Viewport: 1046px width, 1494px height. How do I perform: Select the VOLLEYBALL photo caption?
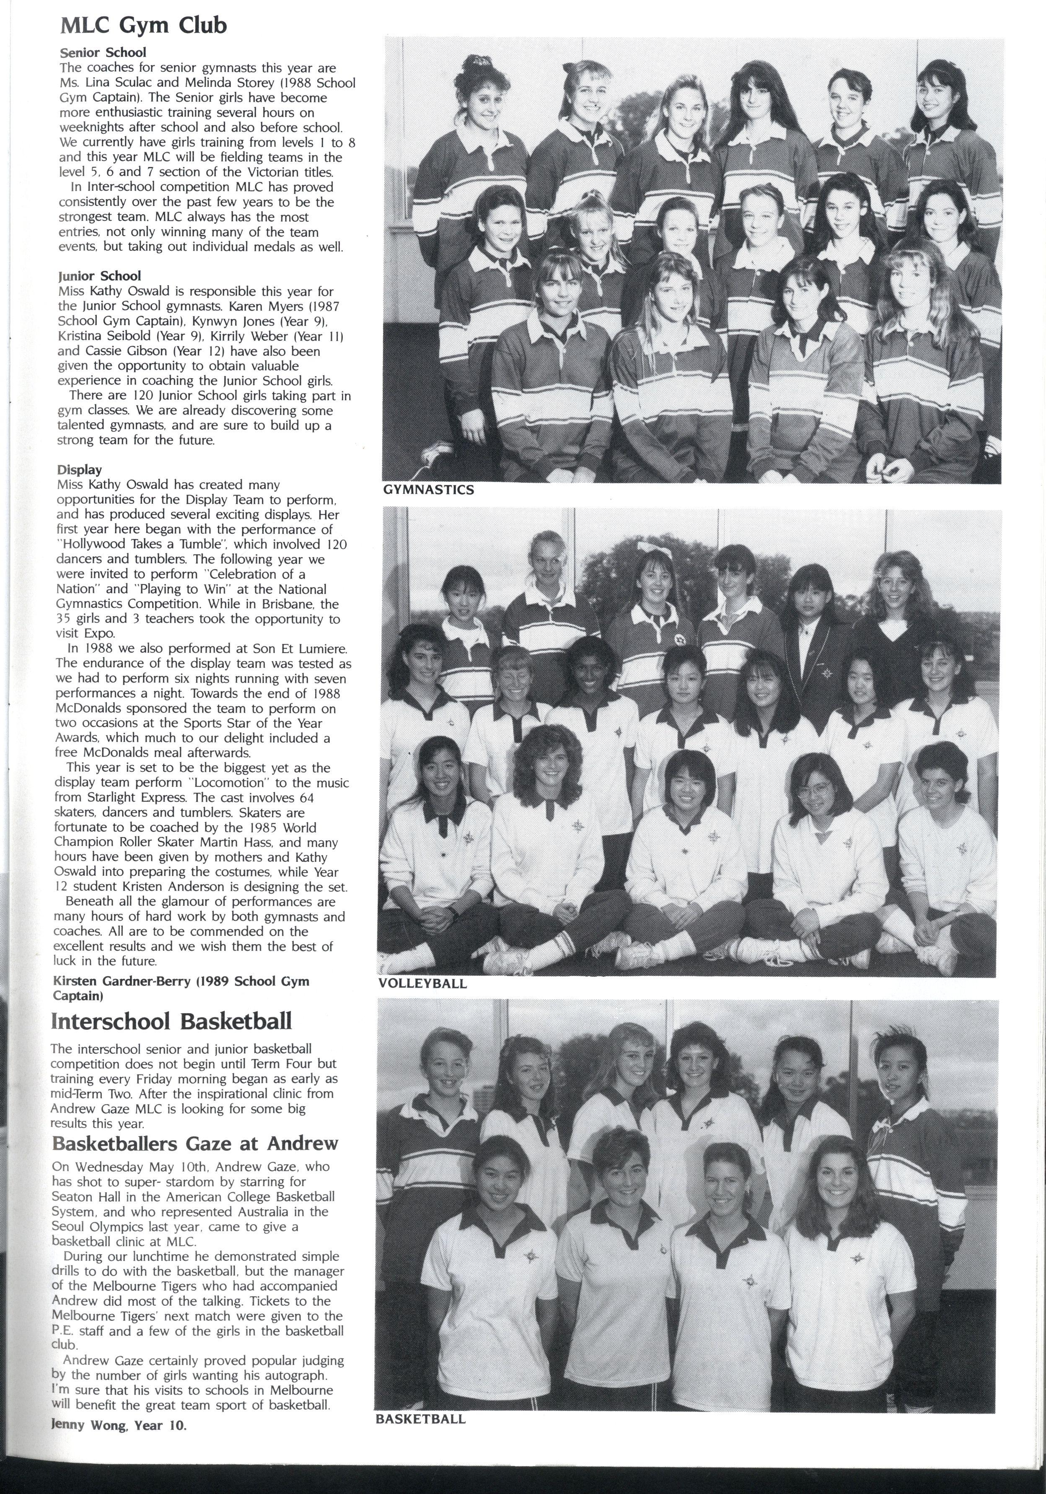(x=422, y=983)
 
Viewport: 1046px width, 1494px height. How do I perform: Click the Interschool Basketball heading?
(x=171, y=1021)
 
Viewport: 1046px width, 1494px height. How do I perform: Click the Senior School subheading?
(x=103, y=52)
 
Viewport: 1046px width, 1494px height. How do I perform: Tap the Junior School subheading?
(x=99, y=276)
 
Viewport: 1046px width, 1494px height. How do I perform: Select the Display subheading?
(x=79, y=469)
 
